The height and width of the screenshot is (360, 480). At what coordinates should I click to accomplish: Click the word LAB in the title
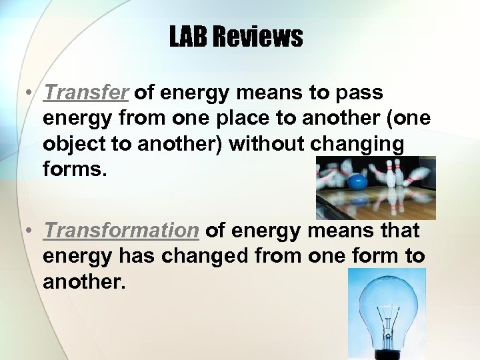pos(189,37)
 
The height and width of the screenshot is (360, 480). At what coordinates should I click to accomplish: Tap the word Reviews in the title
pos(257,37)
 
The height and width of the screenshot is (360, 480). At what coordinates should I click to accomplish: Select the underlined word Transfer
pos(85,93)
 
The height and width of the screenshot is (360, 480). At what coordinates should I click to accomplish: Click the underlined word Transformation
pos(121,231)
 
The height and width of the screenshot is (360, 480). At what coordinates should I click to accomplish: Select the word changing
pos(361,144)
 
